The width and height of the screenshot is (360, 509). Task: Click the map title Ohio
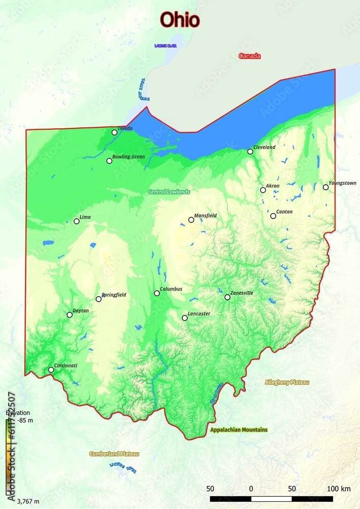pyautogui.click(x=180, y=20)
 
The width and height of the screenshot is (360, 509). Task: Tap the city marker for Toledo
pyautogui.click(x=115, y=132)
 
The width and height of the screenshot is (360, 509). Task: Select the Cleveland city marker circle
pyautogui.click(x=250, y=151)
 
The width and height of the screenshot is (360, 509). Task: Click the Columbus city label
pyautogui.click(x=171, y=289)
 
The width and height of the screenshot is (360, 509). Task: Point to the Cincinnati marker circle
pyautogui.click(x=51, y=370)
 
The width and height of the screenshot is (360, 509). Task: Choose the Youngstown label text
pyautogui.click(x=342, y=183)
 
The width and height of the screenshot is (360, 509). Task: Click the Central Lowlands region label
pyautogui.click(x=169, y=192)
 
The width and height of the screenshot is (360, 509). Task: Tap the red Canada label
pyautogui.click(x=250, y=56)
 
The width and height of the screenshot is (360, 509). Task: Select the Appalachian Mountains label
pyautogui.click(x=239, y=430)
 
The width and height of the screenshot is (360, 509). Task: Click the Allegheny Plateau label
pyautogui.click(x=287, y=382)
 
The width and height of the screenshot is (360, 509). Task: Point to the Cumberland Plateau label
pyautogui.click(x=114, y=454)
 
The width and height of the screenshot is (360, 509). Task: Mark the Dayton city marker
pyautogui.click(x=70, y=315)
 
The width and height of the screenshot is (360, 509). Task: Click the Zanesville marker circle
pyautogui.click(x=227, y=297)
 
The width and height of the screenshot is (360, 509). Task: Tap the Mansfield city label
pyautogui.click(x=205, y=215)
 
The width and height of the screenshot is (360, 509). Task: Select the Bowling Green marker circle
pyautogui.click(x=109, y=161)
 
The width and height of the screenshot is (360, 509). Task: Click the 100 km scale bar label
pyautogui.click(x=339, y=489)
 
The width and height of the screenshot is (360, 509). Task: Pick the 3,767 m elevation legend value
pyautogui.click(x=28, y=501)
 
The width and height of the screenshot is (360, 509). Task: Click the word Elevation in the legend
pyautogui.click(x=18, y=413)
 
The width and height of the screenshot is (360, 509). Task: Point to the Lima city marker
pyautogui.click(x=76, y=221)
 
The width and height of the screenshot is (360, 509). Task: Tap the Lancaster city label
pyautogui.click(x=199, y=314)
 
